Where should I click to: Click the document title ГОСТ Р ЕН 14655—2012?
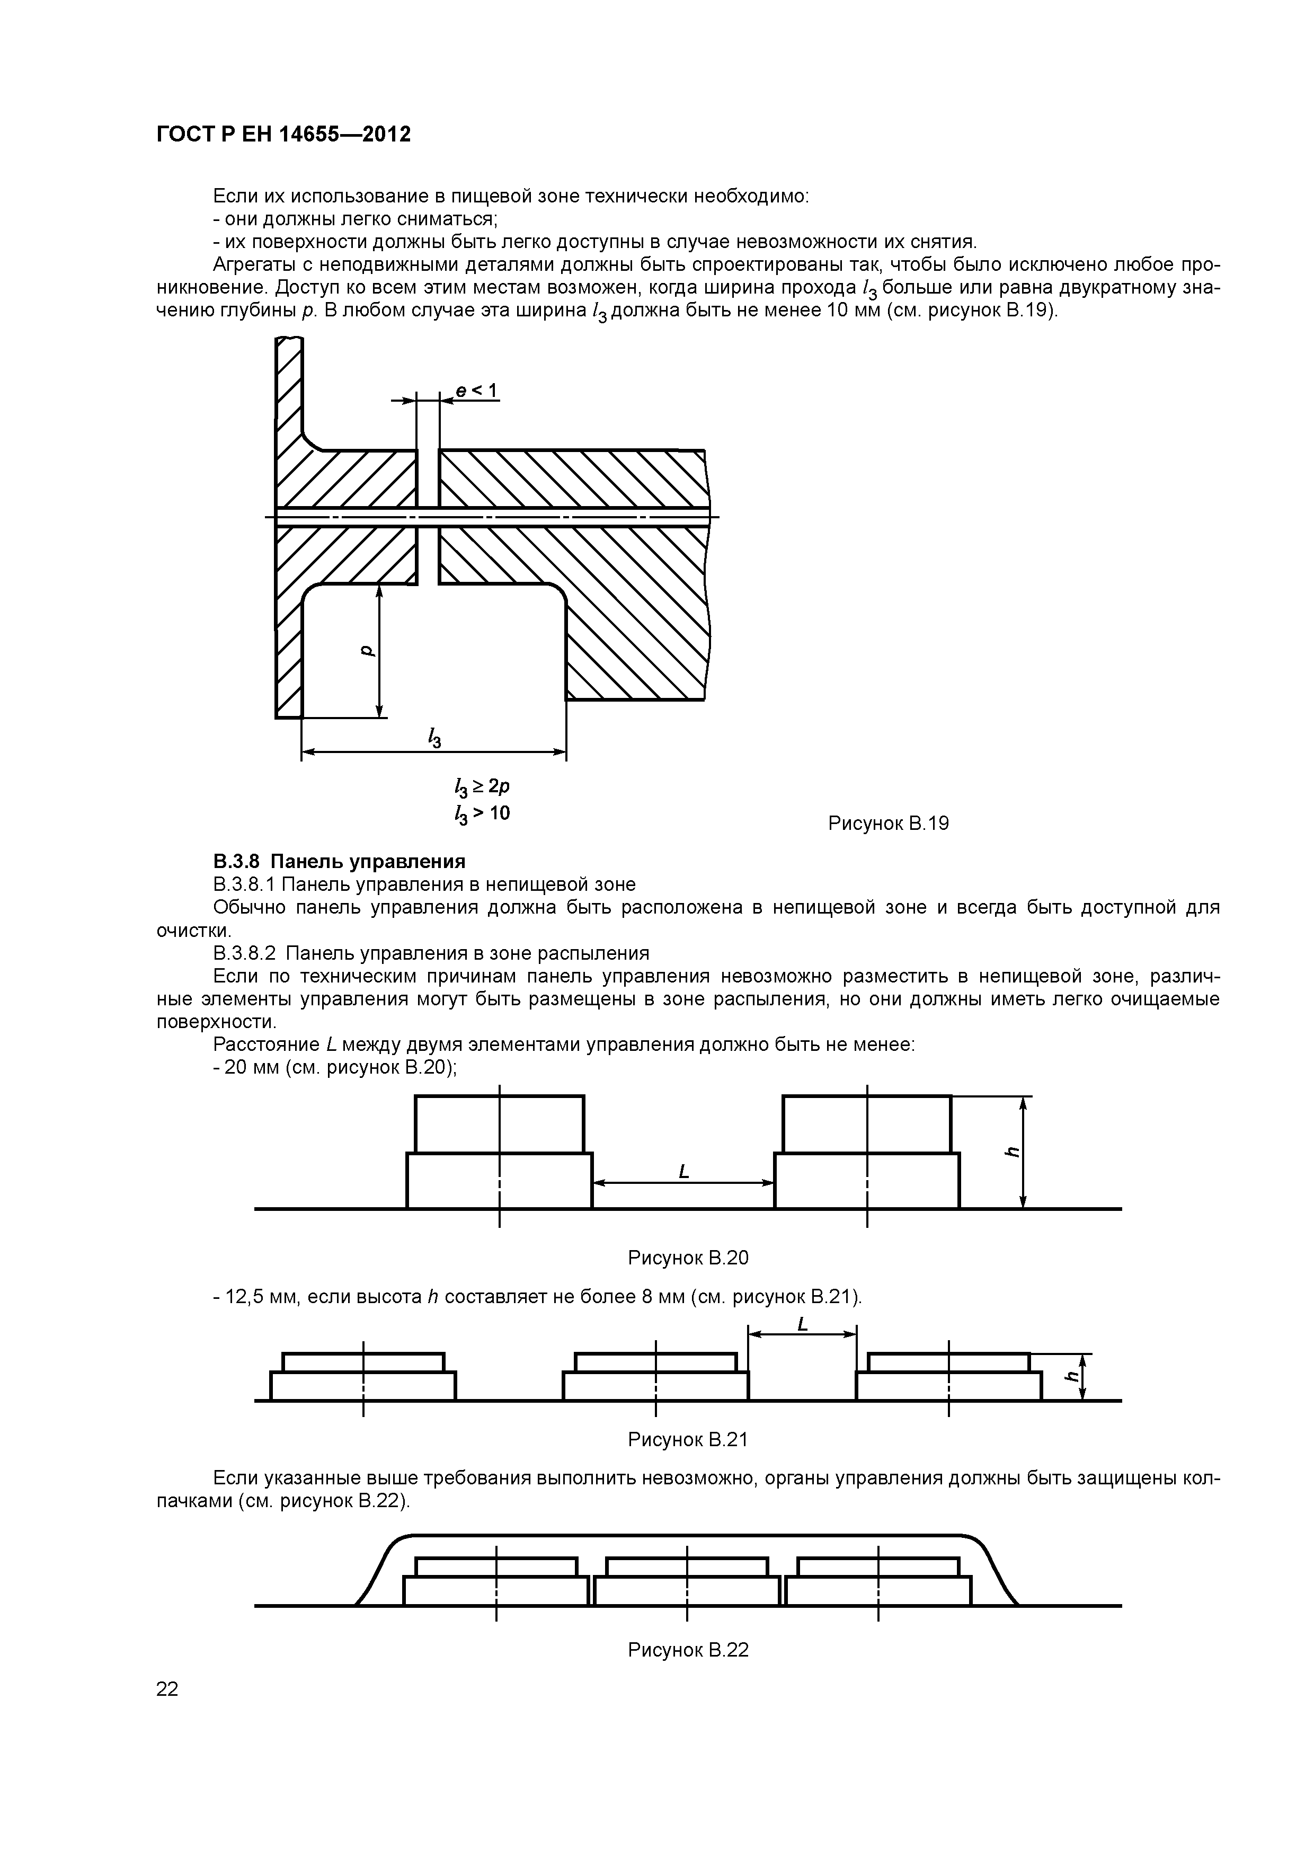(x=283, y=134)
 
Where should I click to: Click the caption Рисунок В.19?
(x=888, y=824)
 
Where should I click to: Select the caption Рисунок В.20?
(x=688, y=1258)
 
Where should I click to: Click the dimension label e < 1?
(x=476, y=391)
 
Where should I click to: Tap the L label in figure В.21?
(x=802, y=1323)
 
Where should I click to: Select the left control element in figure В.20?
(x=500, y=1153)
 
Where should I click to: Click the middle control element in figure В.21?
(x=656, y=1376)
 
